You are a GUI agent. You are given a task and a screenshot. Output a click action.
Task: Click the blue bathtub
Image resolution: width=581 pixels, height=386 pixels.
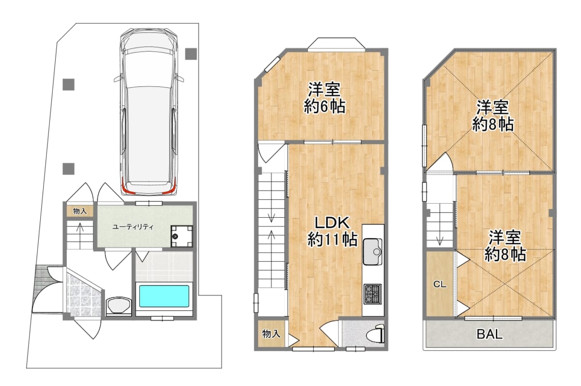(x=164, y=296)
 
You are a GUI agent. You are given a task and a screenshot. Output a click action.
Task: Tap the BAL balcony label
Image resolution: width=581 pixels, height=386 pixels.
(x=489, y=334)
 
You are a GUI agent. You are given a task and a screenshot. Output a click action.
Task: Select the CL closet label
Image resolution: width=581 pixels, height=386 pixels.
(x=440, y=285)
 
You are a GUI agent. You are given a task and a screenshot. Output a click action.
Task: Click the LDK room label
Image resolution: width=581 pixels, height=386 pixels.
(x=332, y=223)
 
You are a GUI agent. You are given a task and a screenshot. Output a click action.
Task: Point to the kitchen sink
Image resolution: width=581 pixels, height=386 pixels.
(x=372, y=252)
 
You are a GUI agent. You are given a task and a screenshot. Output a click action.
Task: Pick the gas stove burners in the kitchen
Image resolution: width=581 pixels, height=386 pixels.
(x=372, y=294)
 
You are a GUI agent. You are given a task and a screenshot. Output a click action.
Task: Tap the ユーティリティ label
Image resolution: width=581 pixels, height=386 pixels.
(x=133, y=227)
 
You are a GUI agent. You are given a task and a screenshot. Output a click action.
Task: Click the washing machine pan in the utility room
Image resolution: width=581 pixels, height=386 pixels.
(x=182, y=236)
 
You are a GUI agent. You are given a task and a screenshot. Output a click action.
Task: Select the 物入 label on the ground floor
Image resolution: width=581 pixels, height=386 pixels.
(x=79, y=211)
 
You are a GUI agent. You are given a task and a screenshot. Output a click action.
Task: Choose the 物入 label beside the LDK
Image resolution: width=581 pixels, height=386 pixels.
(x=271, y=334)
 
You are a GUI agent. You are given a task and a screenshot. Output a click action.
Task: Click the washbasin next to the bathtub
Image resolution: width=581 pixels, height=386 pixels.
(x=119, y=306)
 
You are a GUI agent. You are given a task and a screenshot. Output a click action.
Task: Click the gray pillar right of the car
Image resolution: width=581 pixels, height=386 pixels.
(x=191, y=54)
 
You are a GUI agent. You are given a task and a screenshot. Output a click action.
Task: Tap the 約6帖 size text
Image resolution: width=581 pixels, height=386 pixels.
(x=324, y=106)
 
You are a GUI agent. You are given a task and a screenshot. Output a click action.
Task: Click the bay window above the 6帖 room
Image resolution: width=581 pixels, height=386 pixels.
(x=336, y=45)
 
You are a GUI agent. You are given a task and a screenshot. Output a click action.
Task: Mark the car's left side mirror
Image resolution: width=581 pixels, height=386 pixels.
(x=118, y=78)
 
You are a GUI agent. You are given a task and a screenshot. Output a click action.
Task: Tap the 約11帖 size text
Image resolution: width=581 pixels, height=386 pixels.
(x=333, y=239)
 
